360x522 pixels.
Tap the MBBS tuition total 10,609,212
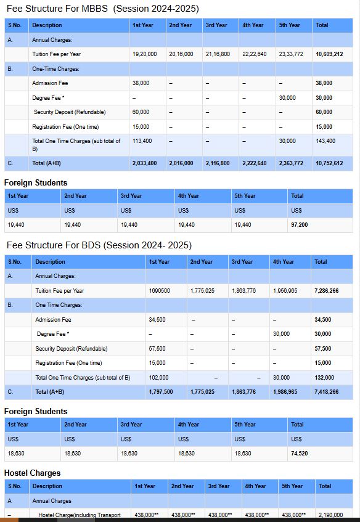click(329, 54)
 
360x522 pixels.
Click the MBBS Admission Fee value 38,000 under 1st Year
click(141, 83)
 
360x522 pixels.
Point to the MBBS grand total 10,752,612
click(329, 163)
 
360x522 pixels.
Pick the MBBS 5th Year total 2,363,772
click(291, 163)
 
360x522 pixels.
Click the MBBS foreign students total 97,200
click(299, 225)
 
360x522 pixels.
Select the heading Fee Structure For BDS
click(99, 245)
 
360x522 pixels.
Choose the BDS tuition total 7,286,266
click(326, 290)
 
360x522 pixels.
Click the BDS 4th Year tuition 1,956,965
click(285, 290)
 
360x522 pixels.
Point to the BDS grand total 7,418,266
click(326, 391)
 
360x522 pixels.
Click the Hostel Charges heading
click(32, 473)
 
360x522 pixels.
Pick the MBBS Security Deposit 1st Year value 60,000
click(141, 112)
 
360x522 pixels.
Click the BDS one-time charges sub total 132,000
click(324, 377)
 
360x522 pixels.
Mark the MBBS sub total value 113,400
click(142, 141)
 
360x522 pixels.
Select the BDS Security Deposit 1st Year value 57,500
click(157, 348)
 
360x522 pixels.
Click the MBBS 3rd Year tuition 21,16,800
click(218, 54)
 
